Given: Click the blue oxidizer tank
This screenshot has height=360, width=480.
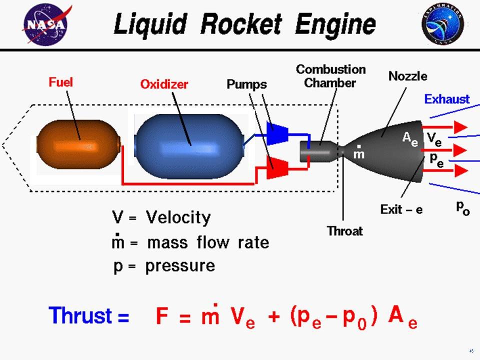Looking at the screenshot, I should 188,146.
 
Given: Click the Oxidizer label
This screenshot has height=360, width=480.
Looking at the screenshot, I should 164,84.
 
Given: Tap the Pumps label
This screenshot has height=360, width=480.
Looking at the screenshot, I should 247,83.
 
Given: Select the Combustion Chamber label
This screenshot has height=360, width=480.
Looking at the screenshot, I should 330,75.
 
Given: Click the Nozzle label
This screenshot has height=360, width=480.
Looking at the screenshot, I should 408,76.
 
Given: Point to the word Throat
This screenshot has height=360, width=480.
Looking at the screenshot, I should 344,231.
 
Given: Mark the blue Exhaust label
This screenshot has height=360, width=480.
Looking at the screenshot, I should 447,99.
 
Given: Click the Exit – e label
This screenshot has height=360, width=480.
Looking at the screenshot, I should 401,209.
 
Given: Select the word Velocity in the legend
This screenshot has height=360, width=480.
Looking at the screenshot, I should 178,218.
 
